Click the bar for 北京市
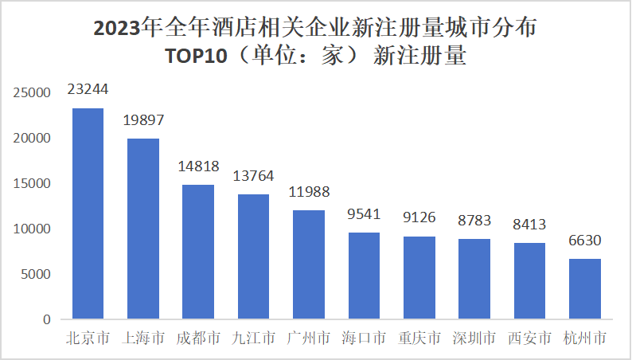88,213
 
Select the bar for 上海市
143,229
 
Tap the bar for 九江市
253,256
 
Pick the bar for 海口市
364,276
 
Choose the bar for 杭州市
584,288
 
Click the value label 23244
88,89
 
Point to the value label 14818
198,166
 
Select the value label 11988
309,192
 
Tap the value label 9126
419,217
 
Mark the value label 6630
584,241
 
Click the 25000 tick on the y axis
33,93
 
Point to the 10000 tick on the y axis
33,229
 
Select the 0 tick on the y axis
47,320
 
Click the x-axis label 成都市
198,338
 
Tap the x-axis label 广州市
309,338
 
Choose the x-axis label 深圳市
474,338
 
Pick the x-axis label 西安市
529,338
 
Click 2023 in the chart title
115,29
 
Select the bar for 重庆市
419,278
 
